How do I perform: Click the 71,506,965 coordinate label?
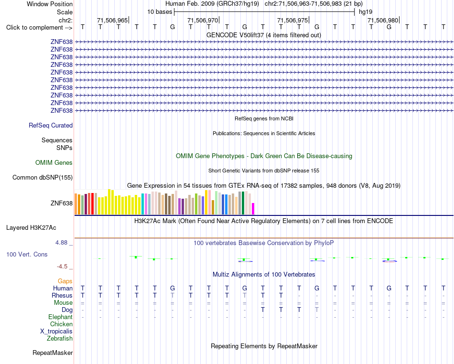pyautogui.click(x=112, y=20)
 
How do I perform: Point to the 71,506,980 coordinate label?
pyautogui.click(x=382, y=20)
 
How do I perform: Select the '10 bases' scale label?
pyautogui.click(x=160, y=12)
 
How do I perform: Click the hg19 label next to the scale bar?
pyautogui.click(x=366, y=12)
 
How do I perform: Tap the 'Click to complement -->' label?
pyautogui.click(x=39, y=28)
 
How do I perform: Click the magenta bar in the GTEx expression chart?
pyautogui.click(x=253, y=209)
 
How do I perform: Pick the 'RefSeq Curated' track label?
pyautogui.click(x=51, y=125)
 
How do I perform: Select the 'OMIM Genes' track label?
pyautogui.click(x=54, y=162)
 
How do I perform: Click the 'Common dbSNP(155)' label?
pyautogui.click(x=43, y=177)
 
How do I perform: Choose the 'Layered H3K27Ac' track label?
pyautogui.click(x=31, y=228)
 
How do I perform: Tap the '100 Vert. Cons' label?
pyautogui.click(x=27, y=254)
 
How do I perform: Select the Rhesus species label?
pyautogui.click(x=62, y=295)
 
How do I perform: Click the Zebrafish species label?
pyautogui.click(x=60, y=338)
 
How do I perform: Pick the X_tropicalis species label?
pyautogui.click(x=56, y=332)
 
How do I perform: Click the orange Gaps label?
pyautogui.click(x=65, y=281)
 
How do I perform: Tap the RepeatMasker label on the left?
pyautogui.click(x=53, y=353)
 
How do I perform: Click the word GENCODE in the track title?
pyautogui.click(x=220, y=35)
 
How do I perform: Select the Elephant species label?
pyautogui.click(x=61, y=317)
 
